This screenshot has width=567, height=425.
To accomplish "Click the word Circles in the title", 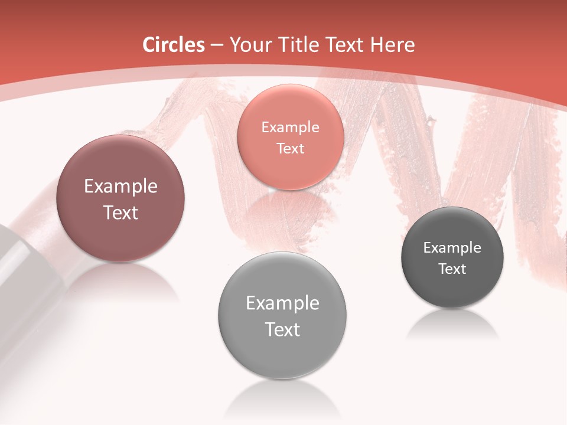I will [174, 45].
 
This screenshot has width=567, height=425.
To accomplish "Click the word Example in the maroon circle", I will [120, 187].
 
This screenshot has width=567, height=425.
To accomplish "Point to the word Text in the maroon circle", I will [120, 212].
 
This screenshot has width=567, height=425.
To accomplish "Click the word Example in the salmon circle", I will [291, 127].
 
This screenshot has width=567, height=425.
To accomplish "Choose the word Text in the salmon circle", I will [291, 148].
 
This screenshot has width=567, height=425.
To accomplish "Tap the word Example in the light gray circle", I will [282, 303].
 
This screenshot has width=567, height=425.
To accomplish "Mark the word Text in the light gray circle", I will [282, 329].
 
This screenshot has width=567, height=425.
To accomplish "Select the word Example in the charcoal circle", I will [452, 247].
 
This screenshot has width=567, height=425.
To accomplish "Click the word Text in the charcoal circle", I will [452, 269].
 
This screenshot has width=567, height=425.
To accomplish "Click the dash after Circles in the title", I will [217, 45].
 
